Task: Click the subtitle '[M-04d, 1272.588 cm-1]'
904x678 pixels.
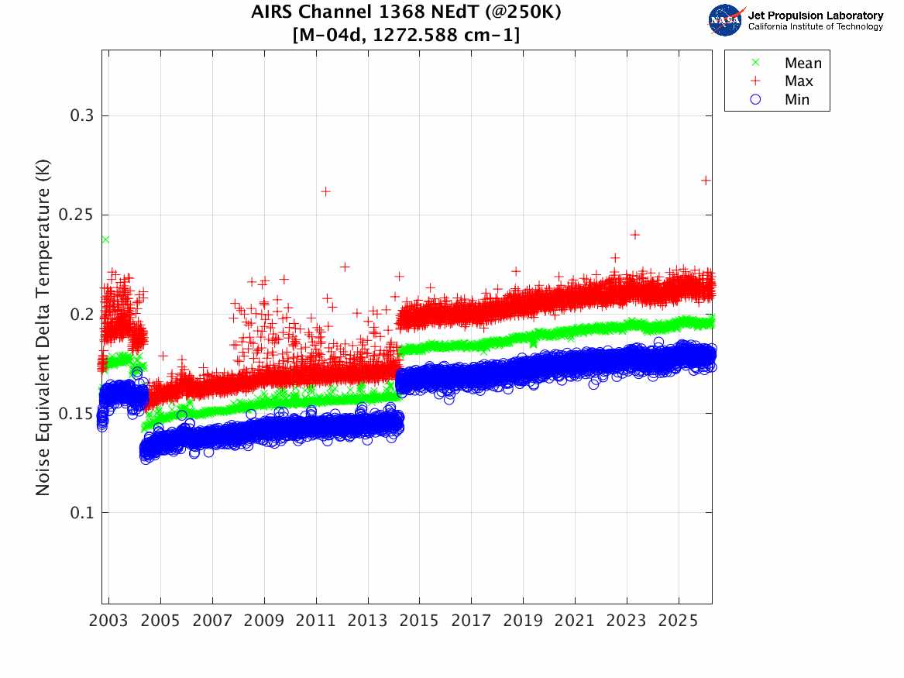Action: (x=406, y=35)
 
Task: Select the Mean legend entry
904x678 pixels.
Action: (x=803, y=64)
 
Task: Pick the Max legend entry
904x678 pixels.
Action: (x=799, y=81)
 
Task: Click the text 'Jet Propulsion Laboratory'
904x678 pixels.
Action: (x=815, y=15)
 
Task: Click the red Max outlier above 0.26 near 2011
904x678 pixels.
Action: (x=326, y=191)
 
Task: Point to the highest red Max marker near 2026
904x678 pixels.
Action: (x=706, y=180)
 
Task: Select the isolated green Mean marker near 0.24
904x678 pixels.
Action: (x=105, y=239)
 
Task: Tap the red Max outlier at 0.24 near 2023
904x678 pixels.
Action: (x=635, y=234)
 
